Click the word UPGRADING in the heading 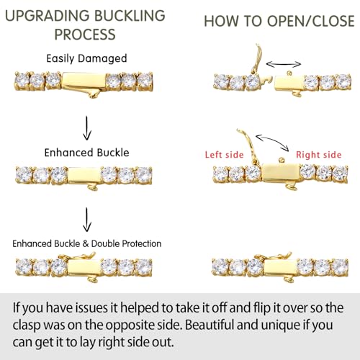coord(48,16)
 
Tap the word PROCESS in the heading coord(85,35)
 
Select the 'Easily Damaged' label coord(86,59)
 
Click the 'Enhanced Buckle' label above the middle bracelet coord(86,153)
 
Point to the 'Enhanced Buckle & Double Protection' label coord(87,243)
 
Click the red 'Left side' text coord(224,155)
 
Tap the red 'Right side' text coord(319,155)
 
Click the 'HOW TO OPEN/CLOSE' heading coord(279,21)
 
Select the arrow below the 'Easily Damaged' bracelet coord(87,128)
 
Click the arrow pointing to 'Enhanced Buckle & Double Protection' coord(87,220)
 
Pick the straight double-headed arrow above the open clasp coord(284,64)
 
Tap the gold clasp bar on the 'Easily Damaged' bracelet coord(84,82)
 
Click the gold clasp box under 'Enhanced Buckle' coord(85,176)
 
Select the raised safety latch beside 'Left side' coord(248,147)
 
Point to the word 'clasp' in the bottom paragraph coord(27,325)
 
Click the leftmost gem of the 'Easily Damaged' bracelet coord(22,81)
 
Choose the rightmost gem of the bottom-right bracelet coord(340,267)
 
